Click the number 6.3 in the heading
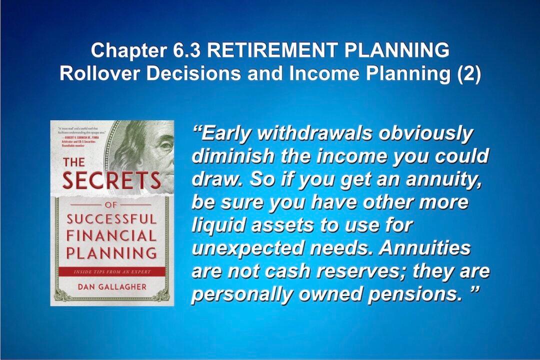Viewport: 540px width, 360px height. (188, 50)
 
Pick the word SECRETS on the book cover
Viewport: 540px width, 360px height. (111, 180)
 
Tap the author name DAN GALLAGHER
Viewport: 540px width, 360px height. (111, 287)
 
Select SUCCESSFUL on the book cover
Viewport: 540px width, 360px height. (111, 219)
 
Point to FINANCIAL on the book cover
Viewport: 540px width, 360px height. (111, 234)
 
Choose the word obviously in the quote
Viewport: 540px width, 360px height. (425, 134)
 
